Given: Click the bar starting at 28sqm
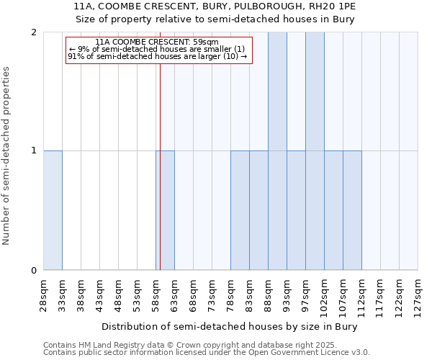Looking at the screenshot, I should point(53,210).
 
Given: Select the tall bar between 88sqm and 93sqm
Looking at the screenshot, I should point(277,151).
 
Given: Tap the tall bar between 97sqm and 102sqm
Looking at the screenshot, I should point(315,151).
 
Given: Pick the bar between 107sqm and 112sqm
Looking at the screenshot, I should point(352,210).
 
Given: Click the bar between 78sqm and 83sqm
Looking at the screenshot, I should point(240,210).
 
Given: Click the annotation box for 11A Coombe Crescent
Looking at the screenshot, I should point(159,50).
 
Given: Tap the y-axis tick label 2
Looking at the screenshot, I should point(34,32).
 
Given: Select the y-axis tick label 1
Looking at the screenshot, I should point(34,151).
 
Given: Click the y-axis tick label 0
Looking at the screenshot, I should point(34,271).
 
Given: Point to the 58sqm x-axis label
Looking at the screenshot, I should point(156,293).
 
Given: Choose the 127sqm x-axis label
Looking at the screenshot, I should point(418,293).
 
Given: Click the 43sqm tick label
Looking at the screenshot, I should point(99,293).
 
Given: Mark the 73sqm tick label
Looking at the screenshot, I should point(212,293).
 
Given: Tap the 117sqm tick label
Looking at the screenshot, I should point(380,293).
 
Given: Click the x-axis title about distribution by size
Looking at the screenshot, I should point(230,326).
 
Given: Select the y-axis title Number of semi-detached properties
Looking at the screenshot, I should point(7,156).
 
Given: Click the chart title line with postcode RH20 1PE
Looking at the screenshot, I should point(215,6).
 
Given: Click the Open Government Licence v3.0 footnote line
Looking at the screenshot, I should point(207,353).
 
